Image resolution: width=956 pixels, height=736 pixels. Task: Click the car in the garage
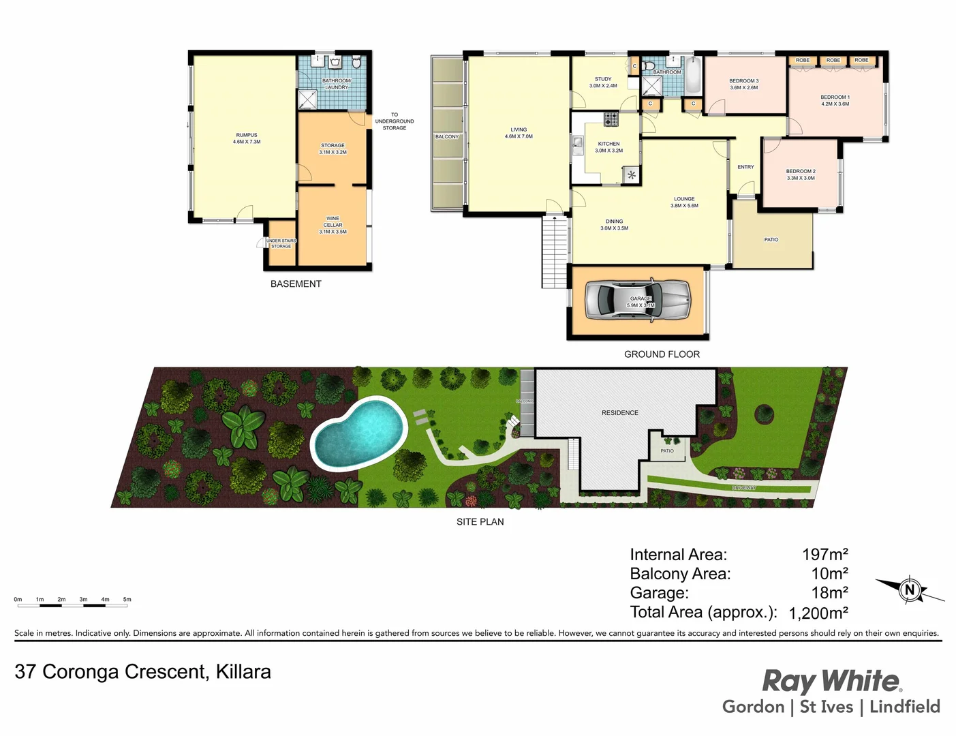tap(638, 300)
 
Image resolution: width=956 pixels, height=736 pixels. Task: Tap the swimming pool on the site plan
tap(358, 433)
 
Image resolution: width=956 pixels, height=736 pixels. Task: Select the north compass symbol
tap(910, 589)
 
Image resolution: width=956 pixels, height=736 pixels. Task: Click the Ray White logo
tap(831, 681)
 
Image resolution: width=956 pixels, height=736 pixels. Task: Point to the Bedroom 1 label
tap(835, 100)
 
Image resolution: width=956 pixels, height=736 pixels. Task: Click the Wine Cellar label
tap(333, 225)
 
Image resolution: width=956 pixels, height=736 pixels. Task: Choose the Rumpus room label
tap(247, 138)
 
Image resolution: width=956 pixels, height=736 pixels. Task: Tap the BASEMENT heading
tap(296, 284)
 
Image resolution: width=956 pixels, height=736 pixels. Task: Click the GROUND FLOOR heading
tap(662, 354)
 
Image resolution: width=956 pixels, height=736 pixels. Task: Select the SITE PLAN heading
tap(480, 522)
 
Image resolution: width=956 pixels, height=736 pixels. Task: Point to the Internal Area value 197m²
tap(824, 555)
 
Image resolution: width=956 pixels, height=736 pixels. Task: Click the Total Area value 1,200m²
tap(818, 613)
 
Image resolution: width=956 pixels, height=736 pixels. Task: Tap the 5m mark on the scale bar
tap(127, 600)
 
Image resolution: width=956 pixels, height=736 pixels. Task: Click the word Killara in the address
tap(243, 672)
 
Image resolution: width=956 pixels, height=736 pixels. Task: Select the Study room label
tap(603, 82)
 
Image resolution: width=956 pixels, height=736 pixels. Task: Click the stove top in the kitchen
tap(611, 119)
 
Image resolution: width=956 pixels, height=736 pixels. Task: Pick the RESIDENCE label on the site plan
tap(620, 413)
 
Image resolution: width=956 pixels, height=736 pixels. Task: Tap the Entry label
tap(745, 167)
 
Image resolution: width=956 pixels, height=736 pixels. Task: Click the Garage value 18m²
tap(829, 593)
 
